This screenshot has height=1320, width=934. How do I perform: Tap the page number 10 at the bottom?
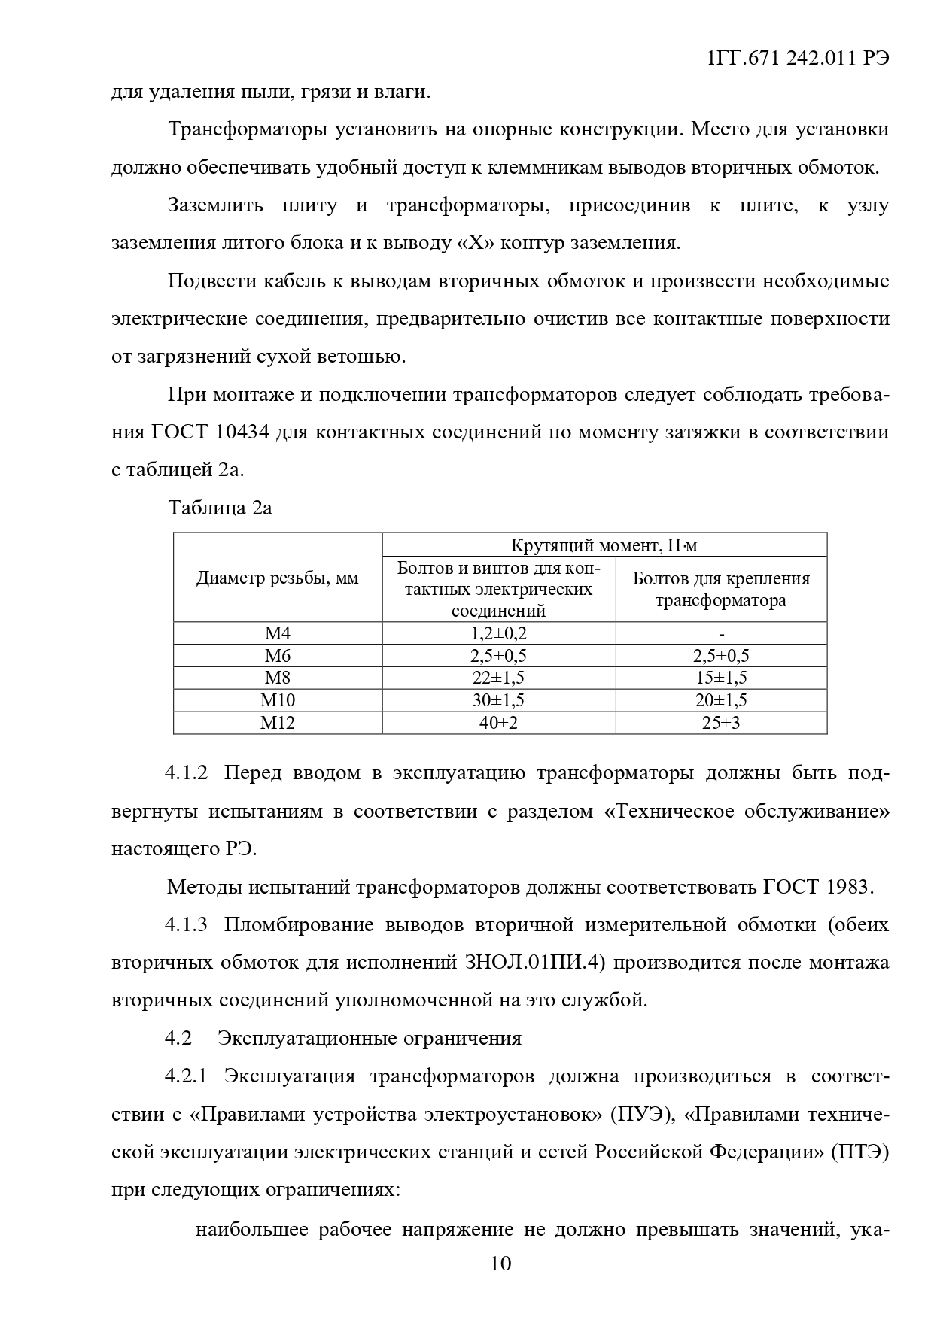[500, 1284]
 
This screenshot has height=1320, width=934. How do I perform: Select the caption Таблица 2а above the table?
[220, 508]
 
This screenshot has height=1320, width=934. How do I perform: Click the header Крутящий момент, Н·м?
[604, 545]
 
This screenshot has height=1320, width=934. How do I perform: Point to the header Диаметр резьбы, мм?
[278, 578]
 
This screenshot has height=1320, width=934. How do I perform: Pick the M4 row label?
[278, 633]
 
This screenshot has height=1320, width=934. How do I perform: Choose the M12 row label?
[278, 723]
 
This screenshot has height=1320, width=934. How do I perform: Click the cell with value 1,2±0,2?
[498, 633]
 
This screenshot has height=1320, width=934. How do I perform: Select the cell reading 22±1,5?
[498, 678]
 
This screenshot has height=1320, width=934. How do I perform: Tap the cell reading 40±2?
[498, 723]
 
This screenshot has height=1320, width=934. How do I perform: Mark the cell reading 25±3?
[721, 723]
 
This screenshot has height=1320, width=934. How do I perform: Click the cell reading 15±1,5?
[721, 678]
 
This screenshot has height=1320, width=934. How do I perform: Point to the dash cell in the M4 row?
[722, 634]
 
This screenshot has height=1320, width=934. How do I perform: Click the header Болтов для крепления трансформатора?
[721, 589]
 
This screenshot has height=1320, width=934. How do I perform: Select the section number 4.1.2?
[186, 773]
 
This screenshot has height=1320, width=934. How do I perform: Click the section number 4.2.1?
[186, 1076]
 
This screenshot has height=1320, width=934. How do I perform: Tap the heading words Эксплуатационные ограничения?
[370, 1038]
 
